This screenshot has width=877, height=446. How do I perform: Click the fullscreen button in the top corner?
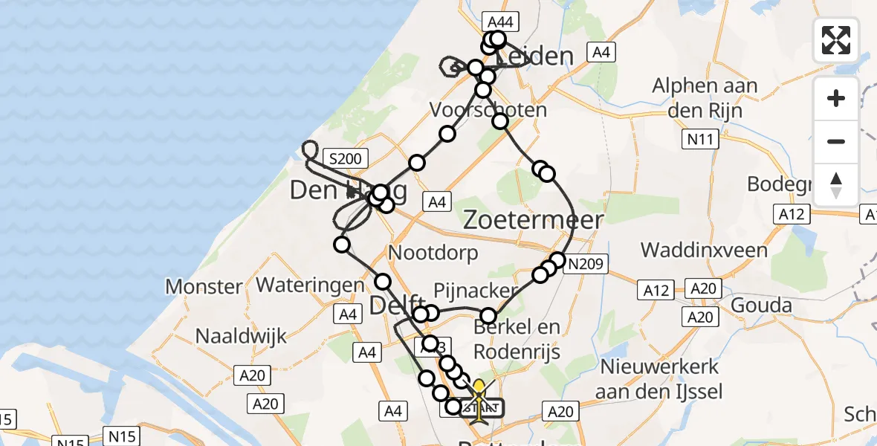click(836, 40)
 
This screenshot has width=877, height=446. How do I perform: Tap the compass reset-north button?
click(836, 184)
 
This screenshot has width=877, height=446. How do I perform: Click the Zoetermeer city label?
click(533, 219)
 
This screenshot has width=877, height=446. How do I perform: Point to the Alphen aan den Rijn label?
click(705, 97)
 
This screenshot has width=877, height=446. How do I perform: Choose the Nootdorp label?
click(433, 253)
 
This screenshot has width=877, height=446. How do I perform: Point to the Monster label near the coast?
click(204, 286)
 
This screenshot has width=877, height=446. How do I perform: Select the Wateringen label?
click(310, 284)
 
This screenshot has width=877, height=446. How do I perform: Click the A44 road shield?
click(499, 22)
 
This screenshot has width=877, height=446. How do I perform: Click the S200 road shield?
click(345, 158)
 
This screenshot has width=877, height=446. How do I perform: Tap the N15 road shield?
click(123, 436)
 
